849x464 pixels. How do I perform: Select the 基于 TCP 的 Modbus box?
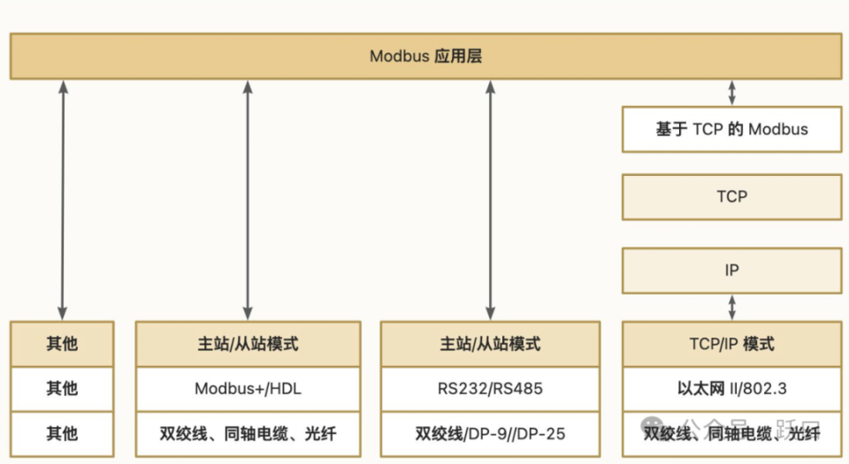pyautogui.click(x=731, y=129)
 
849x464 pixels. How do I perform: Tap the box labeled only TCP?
pyautogui.click(x=731, y=196)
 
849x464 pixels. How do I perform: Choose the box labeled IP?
pyautogui.click(x=731, y=270)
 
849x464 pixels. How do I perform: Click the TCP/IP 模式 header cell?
pyautogui.click(x=731, y=344)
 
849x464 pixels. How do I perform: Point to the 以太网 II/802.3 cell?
pyautogui.click(x=731, y=388)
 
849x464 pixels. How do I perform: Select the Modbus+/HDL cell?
pyautogui.click(x=247, y=388)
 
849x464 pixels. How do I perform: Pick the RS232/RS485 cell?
pyautogui.click(x=490, y=388)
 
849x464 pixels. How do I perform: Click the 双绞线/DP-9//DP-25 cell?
pyautogui.click(x=490, y=434)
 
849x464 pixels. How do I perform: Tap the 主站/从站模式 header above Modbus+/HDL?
pyautogui.click(x=247, y=344)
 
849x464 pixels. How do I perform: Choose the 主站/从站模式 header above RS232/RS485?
pyautogui.click(x=490, y=344)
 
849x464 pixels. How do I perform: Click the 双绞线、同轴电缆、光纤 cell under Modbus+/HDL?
pyautogui.click(x=247, y=434)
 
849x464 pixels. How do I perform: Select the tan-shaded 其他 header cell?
pyautogui.click(x=62, y=344)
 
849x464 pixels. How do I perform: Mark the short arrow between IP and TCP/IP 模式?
pyautogui.click(x=731, y=307)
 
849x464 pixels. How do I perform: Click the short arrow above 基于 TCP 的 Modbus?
pyautogui.click(x=731, y=93)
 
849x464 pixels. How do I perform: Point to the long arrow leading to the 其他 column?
pyautogui.click(x=62, y=199)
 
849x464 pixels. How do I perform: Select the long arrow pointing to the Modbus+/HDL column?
pyautogui.click(x=247, y=199)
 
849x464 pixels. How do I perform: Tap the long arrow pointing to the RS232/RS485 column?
pyautogui.click(x=490, y=199)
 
